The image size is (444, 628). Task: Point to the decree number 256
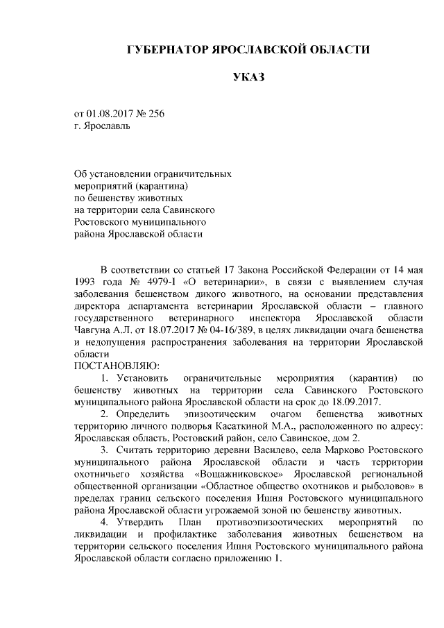155,114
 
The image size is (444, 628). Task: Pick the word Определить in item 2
142,414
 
